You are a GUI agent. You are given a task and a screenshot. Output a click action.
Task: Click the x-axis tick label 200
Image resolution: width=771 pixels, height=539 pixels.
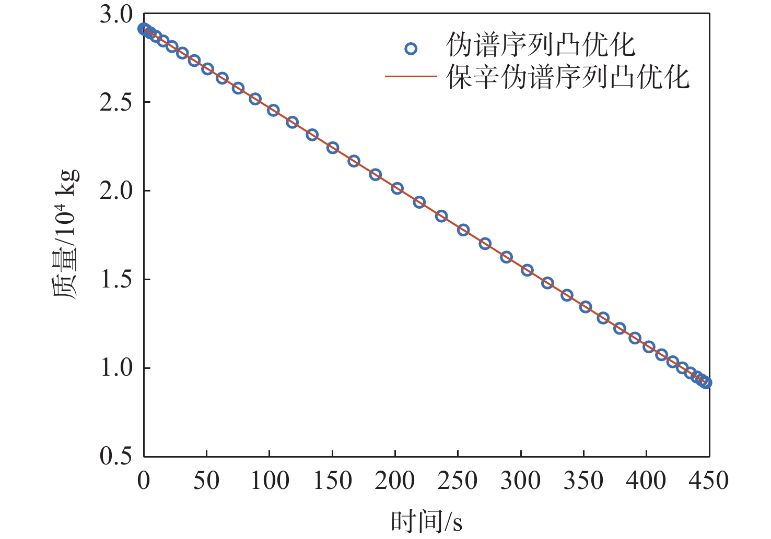tap(395, 481)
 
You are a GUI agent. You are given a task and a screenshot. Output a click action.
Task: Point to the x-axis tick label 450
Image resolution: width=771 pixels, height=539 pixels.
tap(708, 481)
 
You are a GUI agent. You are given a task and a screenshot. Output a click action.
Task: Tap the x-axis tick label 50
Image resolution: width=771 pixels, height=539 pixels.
tap(206, 481)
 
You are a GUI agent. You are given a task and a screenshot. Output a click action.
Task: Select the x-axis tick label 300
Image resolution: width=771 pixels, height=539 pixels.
tap(520, 481)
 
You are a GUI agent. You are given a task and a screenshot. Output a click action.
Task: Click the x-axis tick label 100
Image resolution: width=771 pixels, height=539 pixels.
tap(269, 481)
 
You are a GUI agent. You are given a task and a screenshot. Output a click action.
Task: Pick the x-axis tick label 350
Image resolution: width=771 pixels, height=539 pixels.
tap(583, 481)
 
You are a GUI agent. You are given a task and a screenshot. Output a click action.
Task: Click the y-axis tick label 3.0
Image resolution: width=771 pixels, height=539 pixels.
tap(116, 15)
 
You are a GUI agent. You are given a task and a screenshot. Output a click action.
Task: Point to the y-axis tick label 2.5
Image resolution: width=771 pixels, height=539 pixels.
tap(116, 103)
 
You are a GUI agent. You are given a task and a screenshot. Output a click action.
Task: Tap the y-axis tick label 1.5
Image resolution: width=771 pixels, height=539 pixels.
tap(116, 280)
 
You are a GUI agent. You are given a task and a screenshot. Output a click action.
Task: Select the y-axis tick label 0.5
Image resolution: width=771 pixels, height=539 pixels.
tap(116, 456)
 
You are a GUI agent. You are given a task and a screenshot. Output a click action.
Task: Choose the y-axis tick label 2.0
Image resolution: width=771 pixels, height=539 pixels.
tap(116, 191)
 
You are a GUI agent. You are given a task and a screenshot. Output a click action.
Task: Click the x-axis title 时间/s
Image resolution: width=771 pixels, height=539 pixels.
tap(426, 521)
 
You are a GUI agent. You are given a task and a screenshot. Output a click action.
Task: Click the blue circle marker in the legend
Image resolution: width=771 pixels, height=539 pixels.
tap(411, 49)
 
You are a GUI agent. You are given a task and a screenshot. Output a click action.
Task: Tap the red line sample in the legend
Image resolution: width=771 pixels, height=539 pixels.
tap(411, 77)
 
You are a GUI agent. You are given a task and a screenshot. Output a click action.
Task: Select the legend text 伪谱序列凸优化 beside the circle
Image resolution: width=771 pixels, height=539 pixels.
tap(541, 46)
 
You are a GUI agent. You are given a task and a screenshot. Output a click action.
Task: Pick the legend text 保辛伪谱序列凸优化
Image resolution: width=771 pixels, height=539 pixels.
tap(568, 77)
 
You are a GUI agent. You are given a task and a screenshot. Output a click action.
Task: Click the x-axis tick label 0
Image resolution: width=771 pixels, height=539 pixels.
tap(144, 481)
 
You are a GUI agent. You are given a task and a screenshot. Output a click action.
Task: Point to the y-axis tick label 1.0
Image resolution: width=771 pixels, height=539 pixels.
tap(116, 368)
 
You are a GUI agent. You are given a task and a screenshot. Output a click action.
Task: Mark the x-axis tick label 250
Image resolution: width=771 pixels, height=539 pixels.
tap(458, 481)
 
